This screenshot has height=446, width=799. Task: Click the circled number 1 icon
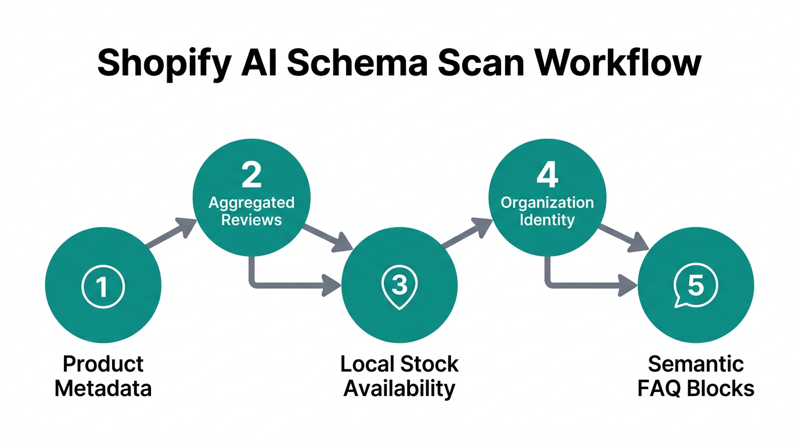(103, 286)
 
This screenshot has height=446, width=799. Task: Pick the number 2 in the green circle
(251, 175)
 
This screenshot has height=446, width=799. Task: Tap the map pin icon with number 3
(399, 286)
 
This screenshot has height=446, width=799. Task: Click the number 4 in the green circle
(547, 175)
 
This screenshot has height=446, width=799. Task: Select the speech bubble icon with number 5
(694, 286)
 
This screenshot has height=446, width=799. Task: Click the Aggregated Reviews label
(251, 211)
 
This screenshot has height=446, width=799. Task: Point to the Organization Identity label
(547, 211)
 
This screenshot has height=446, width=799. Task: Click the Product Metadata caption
(103, 376)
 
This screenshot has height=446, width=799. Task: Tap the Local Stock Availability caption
(399, 376)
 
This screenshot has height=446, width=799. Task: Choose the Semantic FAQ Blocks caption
(695, 376)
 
